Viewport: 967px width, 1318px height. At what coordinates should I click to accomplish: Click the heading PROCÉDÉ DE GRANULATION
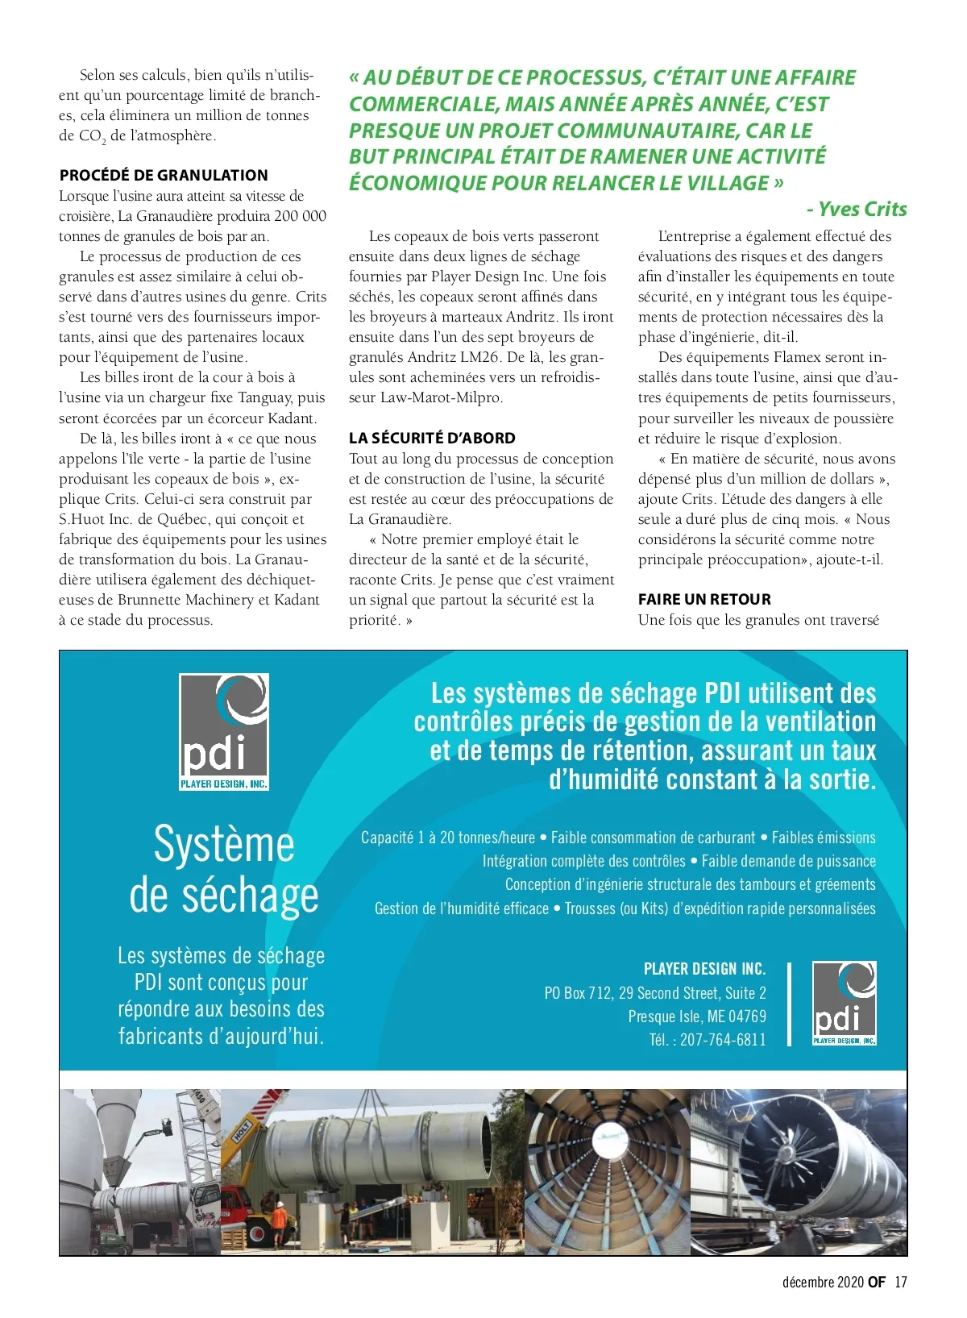click(x=163, y=175)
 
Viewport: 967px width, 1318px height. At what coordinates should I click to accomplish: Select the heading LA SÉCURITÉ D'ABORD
click(x=432, y=438)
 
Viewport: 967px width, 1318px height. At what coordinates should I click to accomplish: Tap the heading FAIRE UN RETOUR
click(x=704, y=599)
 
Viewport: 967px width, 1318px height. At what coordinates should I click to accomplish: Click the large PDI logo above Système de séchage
click(x=223, y=732)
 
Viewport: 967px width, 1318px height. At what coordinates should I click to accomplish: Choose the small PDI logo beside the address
click(x=844, y=1004)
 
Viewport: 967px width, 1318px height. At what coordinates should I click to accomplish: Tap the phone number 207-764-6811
click(x=723, y=1040)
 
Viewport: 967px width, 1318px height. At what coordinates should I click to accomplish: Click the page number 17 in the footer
click(x=901, y=1282)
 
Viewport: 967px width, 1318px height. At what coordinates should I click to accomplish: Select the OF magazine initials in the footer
click(x=877, y=1282)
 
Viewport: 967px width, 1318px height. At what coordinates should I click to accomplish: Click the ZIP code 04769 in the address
click(x=747, y=1017)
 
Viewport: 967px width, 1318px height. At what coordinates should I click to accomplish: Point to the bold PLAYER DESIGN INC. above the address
click(x=704, y=969)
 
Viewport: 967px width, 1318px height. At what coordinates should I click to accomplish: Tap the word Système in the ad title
click(x=224, y=845)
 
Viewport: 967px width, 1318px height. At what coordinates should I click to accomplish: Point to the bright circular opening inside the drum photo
click(x=606, y=1140)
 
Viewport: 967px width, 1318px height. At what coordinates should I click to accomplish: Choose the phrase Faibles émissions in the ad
click(x=824, y=838)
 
